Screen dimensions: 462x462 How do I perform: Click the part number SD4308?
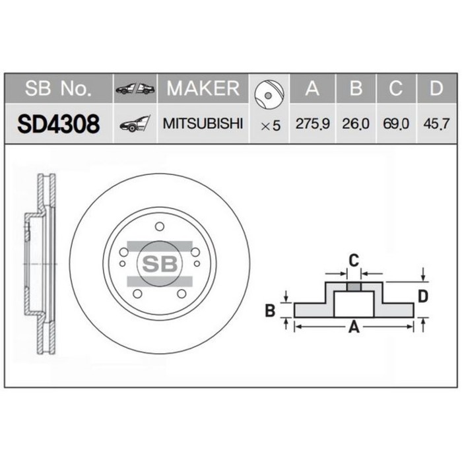59,123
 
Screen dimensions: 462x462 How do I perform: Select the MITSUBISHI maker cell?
203,123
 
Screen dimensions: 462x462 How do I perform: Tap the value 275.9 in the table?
312,124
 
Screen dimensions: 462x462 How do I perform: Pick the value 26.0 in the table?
356,124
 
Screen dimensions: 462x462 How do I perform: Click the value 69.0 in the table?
396,124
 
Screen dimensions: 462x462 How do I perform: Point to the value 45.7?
436,124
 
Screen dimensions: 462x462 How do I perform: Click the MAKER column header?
203,88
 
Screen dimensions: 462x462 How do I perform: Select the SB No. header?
59,88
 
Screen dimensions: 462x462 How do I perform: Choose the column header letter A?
312,88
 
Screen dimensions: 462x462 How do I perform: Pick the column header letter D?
436,88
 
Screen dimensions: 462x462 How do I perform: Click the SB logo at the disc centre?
159,263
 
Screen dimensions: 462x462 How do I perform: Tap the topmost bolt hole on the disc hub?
159,227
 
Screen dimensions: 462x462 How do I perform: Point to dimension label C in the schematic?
354,259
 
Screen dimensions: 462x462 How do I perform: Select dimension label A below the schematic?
354,326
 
